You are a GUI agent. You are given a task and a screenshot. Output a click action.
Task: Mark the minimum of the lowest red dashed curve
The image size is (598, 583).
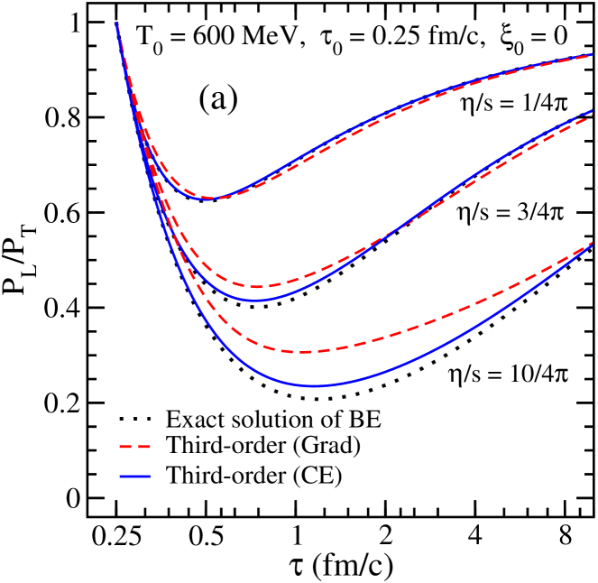coord(302,352)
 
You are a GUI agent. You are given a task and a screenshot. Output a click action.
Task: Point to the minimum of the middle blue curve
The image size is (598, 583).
coord(256,301)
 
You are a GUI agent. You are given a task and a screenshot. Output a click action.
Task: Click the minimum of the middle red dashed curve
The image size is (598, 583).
coord(257,287)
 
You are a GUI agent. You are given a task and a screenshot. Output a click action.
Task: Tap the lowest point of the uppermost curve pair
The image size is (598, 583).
coord(213,199)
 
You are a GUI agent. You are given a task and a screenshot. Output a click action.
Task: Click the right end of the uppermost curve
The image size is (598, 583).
coord(591,55)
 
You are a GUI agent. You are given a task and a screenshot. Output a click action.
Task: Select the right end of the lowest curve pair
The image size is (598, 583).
coord(591,243)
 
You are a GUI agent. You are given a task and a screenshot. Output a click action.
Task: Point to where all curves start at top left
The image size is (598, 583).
coord(116,23)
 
